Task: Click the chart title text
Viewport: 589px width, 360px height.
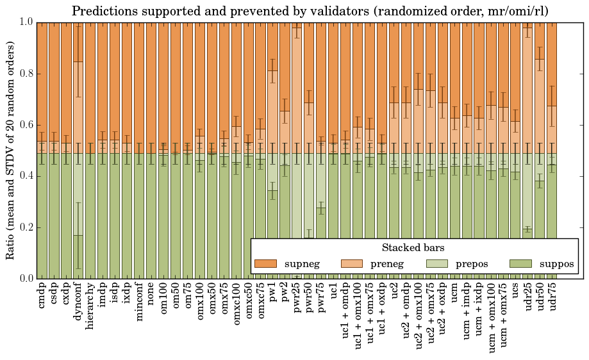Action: pyautogui.click(x=310, y=11)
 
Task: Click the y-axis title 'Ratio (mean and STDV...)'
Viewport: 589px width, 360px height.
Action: pyautogui.click(x=10, y=150)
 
